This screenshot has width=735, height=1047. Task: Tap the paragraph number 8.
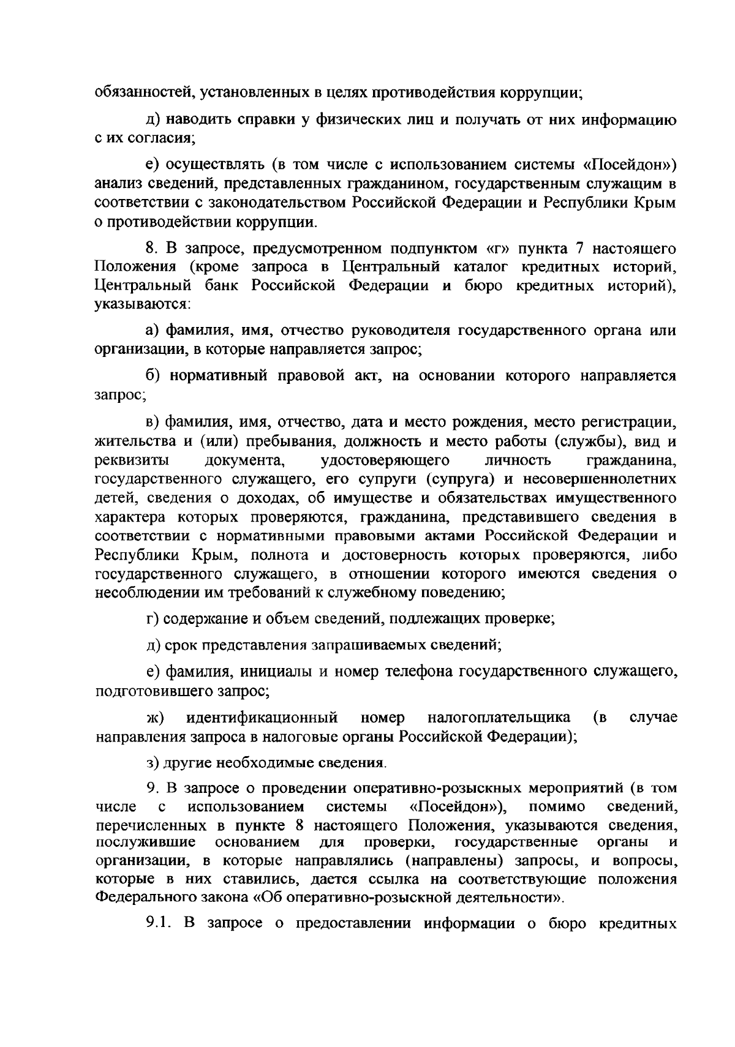point(151,249)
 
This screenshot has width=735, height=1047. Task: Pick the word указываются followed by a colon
point(142,304)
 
